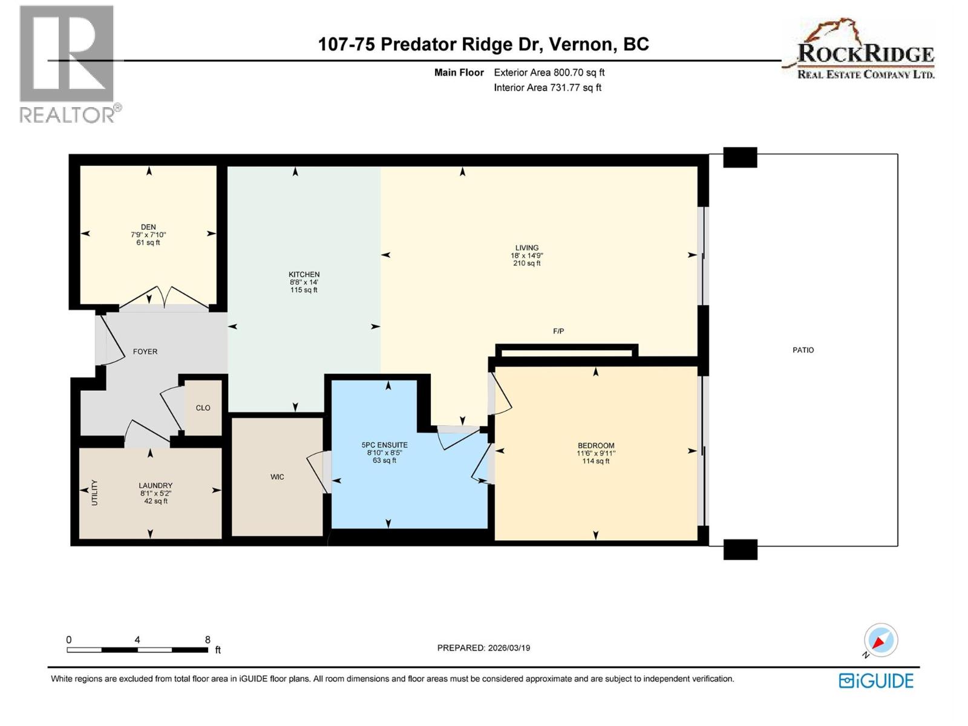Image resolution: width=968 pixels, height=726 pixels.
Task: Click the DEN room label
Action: [x=148, y=227]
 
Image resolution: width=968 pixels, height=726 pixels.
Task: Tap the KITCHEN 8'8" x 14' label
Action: [x=304, y=282]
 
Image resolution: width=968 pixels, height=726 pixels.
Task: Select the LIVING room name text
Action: [x=526, y=247]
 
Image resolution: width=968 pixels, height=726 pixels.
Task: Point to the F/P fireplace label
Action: [x=558, y=331]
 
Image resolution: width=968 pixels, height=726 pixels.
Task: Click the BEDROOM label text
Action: [x=595, y=445]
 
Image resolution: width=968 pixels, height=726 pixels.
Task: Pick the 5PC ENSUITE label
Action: [x=384, y=445]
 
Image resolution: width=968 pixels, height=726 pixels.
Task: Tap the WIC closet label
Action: [x=277, y=477]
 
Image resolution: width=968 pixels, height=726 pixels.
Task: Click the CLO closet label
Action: [x=203, y=408]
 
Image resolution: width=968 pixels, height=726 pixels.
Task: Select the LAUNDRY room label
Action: [x=155, y=485]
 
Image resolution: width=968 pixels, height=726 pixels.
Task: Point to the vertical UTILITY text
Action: [x=94, y=492]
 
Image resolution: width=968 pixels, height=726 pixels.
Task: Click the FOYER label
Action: [x=145, y=352]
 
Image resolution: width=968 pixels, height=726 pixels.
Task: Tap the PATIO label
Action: [x=803, y=350]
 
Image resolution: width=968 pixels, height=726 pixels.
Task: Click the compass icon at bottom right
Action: [x=880, y=640]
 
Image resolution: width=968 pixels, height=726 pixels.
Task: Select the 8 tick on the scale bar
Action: [x=208, y=639]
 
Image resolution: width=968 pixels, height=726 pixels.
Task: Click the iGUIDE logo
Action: [x=876, y=681]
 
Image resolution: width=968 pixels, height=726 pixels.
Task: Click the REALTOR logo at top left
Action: [x=68, y=64]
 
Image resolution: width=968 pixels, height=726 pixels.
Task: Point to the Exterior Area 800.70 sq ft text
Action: [x=549, y=73]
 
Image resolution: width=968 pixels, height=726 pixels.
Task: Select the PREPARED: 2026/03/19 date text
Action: [x=483, y=647]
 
